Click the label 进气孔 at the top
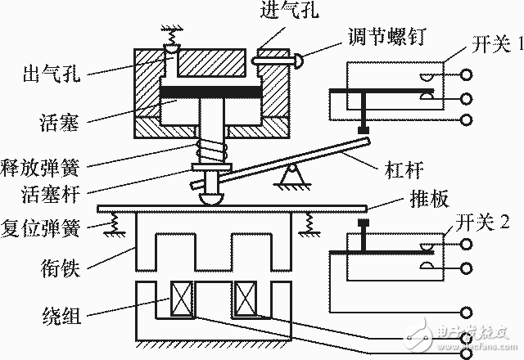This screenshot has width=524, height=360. tap(289, 9)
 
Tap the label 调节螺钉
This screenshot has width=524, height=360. tap(386, 36)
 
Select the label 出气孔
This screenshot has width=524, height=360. tap(52, 73)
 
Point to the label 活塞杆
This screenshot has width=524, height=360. tap(51, 194)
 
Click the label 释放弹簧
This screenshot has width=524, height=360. tap(40, 168)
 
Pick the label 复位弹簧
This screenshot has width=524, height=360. tap(40, 228)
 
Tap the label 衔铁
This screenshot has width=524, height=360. tap(61, 268)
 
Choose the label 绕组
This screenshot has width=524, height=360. tap(61, 315)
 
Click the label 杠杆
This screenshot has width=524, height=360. tap(404, 169)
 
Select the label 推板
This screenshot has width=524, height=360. tap(429, 199)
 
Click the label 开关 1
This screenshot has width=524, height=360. tap(497, 43)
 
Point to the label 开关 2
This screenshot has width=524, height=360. tap(483, 222)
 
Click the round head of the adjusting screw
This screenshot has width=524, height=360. tap(298, 61)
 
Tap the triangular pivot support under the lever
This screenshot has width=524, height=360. tap(292, 174)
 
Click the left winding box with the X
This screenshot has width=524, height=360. tap(182, 298)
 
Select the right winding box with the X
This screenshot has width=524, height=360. tap(246, 298)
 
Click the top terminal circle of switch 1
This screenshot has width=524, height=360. tap(466, 74)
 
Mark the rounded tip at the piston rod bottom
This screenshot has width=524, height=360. tap(211, 199)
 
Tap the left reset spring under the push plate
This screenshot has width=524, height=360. tap(115, 223)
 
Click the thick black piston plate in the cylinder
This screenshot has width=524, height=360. tap(210, 92)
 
